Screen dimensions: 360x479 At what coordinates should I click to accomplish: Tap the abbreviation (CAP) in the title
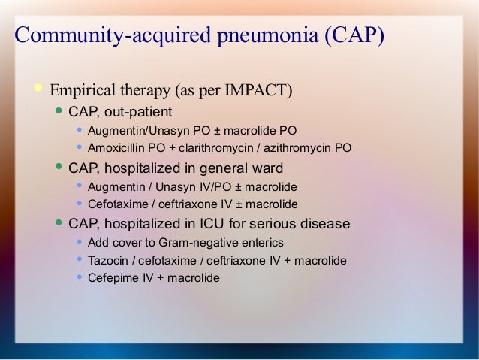354,36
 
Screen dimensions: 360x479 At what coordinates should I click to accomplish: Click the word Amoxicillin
116,147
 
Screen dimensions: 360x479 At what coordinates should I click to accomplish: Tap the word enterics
261,242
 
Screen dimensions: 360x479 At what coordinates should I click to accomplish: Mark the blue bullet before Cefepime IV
79,277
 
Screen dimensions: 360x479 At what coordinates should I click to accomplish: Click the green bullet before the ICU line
59,223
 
